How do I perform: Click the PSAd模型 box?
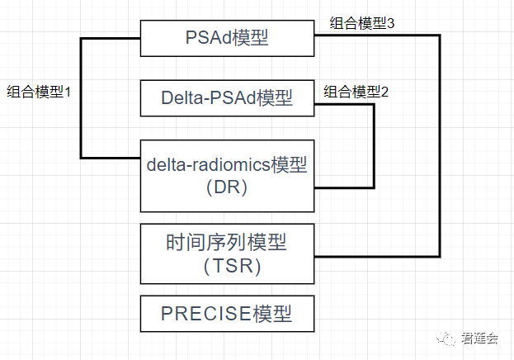coord(227,37)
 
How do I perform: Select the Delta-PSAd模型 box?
coord(227,98)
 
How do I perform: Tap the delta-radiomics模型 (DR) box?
coord(227,175)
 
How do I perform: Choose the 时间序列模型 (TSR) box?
coord(227,253)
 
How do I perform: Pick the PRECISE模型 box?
coord(227,314)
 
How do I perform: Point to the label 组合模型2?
coord(356,92)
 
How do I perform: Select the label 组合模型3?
coord(361,23)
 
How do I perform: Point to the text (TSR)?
coord(227,266)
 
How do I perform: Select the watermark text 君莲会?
coord(480,338)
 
